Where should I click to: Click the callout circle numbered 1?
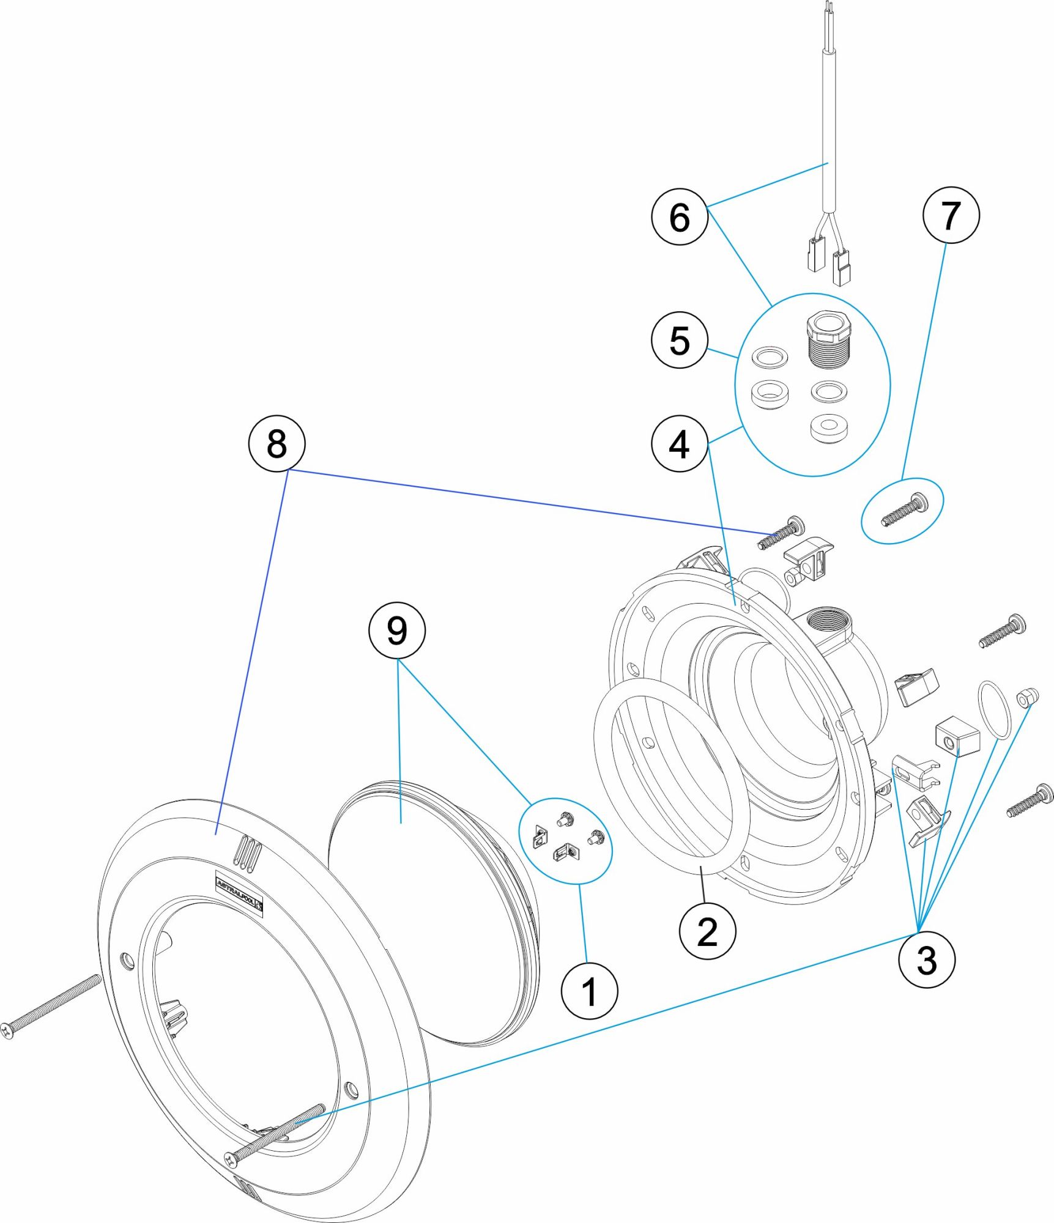(589, 991)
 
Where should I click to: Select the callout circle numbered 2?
(707, 932)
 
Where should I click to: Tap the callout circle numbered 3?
(926, 960)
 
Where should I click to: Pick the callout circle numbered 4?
(680, 444)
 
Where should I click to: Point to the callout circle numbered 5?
(680, 340)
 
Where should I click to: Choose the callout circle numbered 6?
(680, 217)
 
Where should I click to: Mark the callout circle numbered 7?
(951, 215)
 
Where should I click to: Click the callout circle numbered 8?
(276, 443)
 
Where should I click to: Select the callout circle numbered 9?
(396, 630)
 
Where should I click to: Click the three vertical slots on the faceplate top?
(247, 852)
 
